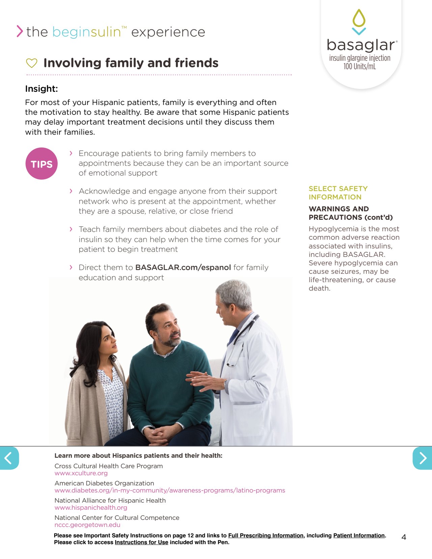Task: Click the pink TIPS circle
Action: pyautogui.click(x=42, y=164)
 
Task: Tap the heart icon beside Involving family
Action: pyautogui.click(x=31, y=63)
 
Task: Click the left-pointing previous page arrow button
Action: pyautogui.click(x=9, y=458)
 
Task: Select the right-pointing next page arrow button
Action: pyautogui.click(x=423, y=458)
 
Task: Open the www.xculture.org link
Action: pyautogui.click(x=81, y=473)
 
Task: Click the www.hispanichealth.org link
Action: pyautogui.click(x=91, y=508)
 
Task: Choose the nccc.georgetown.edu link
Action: pyautogui.click(x=87, y=525)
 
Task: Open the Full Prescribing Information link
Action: pyautogui.click(x=266, y=535)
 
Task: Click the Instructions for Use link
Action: pyautogui.click(x=141, y=542)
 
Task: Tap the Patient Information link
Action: pyautogui.click(x=359, y=535)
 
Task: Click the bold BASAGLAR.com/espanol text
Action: pyautogui.click(x=183, y=268)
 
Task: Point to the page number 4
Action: pyautogui.click(x=404, y=537)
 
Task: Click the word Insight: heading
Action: pyautogui.click(x=42, y=89)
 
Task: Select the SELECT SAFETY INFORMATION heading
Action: pyautogui.click(x=338, y=193)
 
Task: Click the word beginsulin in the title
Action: pyautogui.click(x=87, y=32)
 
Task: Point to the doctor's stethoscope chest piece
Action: pyautogui.click(x=231, y=364)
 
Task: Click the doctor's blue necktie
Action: pyautogui.click(x=234, y=336)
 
